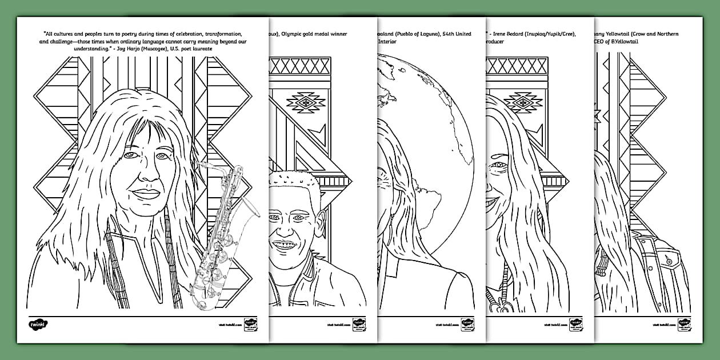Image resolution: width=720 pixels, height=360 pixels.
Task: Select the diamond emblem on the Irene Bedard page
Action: click(x=522, y=102)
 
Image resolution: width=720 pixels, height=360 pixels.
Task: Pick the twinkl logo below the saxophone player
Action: click(x=38, y=324)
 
